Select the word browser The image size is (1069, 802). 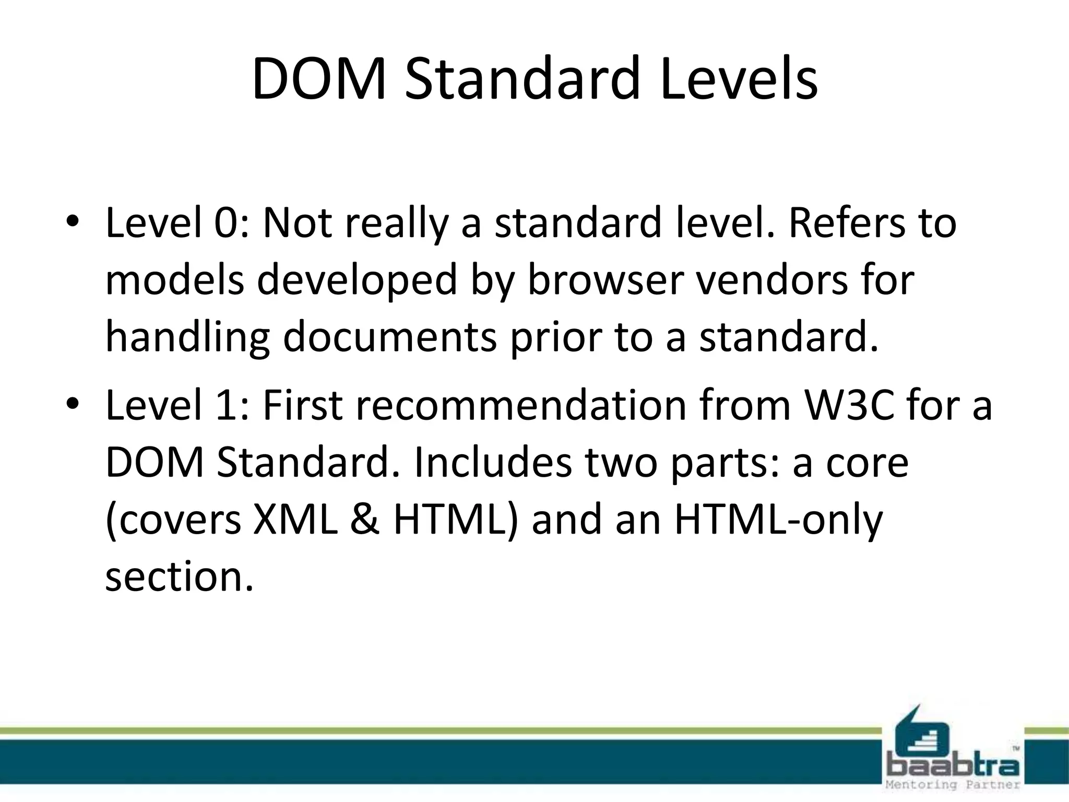coord(605,280)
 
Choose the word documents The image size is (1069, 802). coord(390,338)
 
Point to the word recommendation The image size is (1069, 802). coord(521,406)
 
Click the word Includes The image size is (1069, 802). coord(493,463)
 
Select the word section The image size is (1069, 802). coord(179,577)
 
